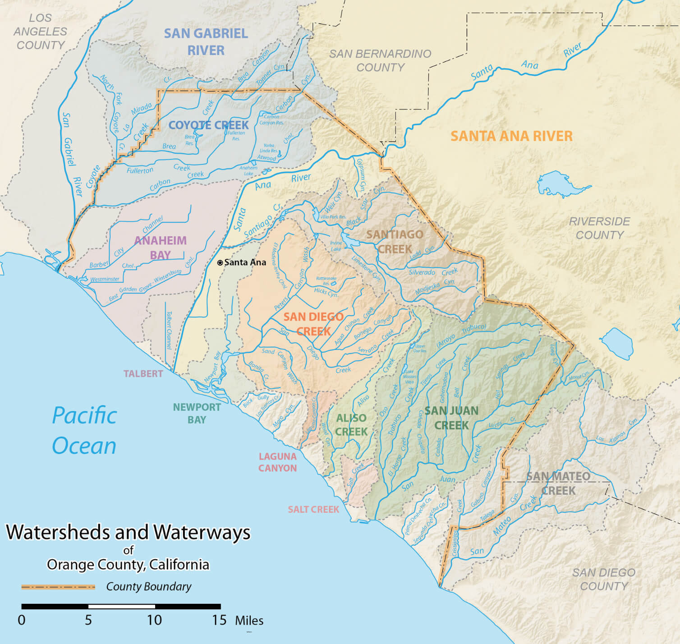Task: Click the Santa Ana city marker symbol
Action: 220,262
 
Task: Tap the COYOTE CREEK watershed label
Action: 208,125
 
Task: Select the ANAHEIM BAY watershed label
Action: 160,248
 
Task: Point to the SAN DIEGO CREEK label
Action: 313,324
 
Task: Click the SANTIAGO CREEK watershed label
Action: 395,242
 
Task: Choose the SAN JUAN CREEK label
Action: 451,418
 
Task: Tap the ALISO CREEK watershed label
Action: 351,424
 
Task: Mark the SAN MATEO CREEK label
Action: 558,483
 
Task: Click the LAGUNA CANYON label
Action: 277,462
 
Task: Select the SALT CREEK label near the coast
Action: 313,510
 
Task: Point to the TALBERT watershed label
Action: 143,374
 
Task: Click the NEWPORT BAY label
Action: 197,413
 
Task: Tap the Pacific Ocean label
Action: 84,430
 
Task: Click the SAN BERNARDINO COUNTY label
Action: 380,60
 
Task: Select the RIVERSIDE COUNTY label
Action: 599,228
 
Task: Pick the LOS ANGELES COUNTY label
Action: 41,32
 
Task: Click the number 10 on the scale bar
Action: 154,620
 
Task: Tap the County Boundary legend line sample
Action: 58,587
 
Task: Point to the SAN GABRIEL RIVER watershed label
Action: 206,41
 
